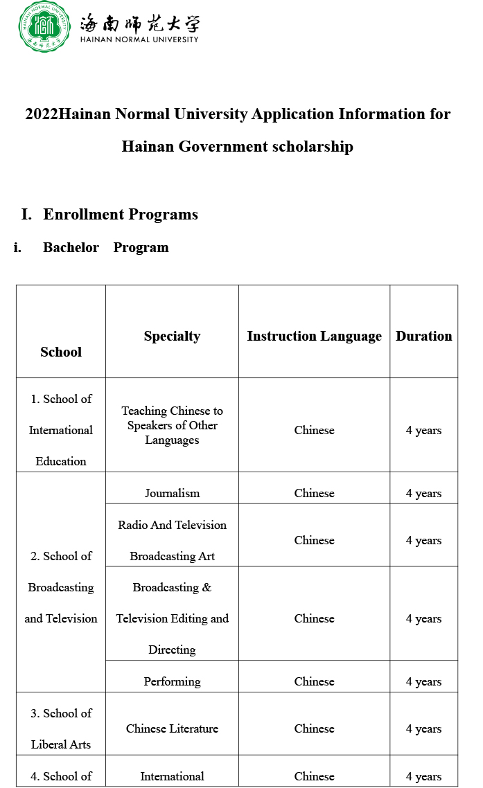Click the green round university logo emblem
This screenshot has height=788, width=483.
tap(44, 27)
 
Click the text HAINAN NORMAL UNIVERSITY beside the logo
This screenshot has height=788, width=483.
tap(139, 39)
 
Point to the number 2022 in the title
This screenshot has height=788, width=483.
tap(42, 114)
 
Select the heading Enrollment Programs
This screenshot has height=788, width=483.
tap(121, 215)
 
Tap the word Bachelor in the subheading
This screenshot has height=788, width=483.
tap(71, 248)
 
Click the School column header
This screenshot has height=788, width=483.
tap(61, 352)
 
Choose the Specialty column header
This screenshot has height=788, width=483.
tap(172, 337)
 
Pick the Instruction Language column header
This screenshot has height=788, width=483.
tap(314, 337)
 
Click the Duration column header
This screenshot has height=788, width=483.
tap(423, 337)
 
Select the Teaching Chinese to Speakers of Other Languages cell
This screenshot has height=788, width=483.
tap(172, 425)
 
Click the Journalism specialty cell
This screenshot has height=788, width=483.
tap(172, 494)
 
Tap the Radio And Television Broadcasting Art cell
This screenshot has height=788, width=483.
tap(172, 540)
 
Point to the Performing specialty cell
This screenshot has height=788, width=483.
tap(172, 681)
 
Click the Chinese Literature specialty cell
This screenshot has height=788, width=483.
tap(172, 728)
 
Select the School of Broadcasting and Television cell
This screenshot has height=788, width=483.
tap(61, 587)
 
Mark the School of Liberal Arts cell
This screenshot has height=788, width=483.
tap(61, 728)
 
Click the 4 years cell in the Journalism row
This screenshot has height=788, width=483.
tap(423, 494)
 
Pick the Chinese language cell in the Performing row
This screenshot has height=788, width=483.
tap(314, 681)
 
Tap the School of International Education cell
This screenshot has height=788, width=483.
tap(61, 430)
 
